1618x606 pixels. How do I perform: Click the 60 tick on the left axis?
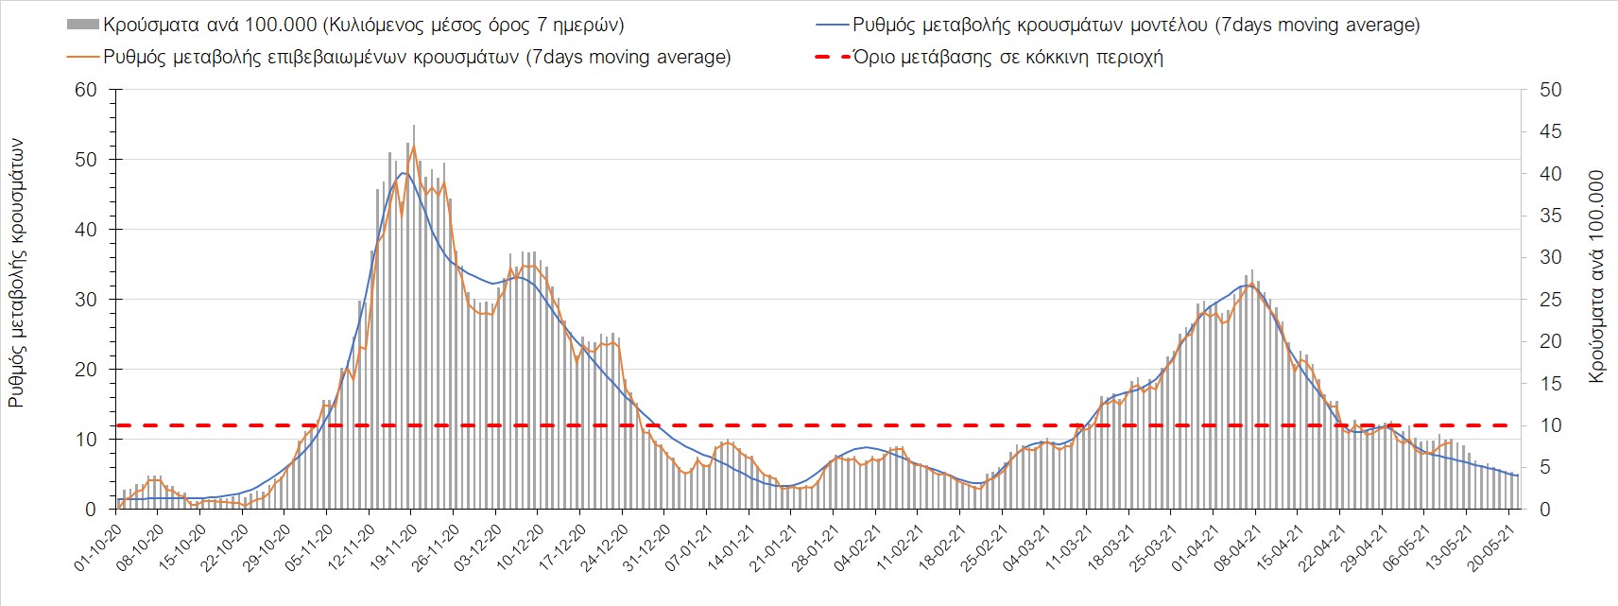point(86,90)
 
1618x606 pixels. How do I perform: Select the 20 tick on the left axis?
point(86,370)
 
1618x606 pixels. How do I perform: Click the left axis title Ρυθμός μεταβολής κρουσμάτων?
point(16,274)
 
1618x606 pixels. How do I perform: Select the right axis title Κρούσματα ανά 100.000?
point(1596,277)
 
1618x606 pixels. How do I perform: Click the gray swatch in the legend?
point(83,25)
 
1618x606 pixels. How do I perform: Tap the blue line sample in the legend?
point(831,25)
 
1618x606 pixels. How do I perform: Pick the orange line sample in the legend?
point(83,57)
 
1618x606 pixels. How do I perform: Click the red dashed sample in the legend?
point(831,57)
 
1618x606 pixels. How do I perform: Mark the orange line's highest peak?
point(414,147)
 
